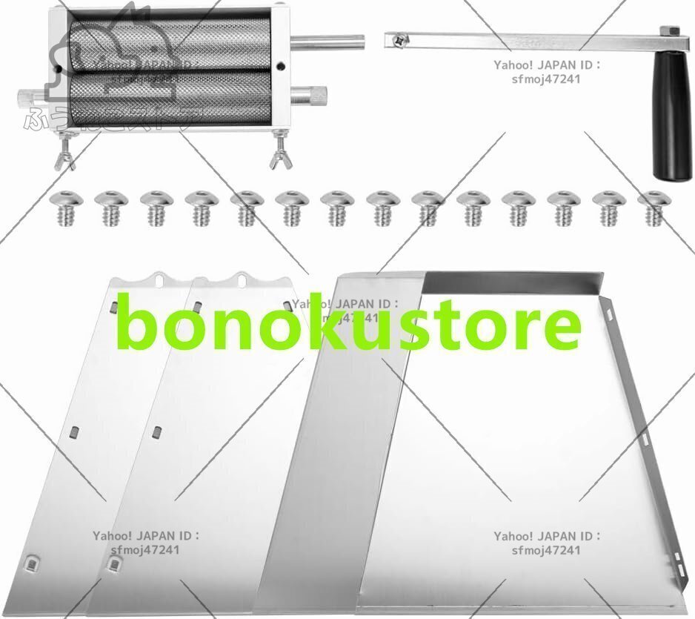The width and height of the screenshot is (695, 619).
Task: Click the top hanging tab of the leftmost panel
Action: pos(160,279)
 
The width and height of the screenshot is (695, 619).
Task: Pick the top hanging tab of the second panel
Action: pos(242,279)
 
